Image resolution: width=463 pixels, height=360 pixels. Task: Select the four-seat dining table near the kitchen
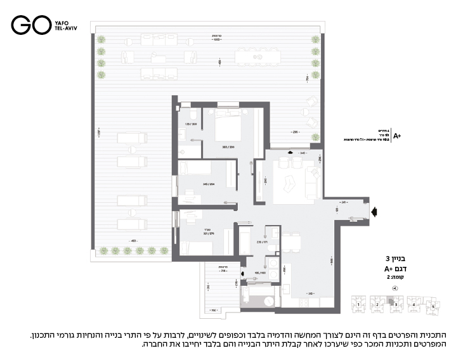click(x=292, y=241)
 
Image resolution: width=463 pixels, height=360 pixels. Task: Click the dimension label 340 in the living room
click(x=303, y=153)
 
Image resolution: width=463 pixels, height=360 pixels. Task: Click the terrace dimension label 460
click(x=133, y=241)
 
